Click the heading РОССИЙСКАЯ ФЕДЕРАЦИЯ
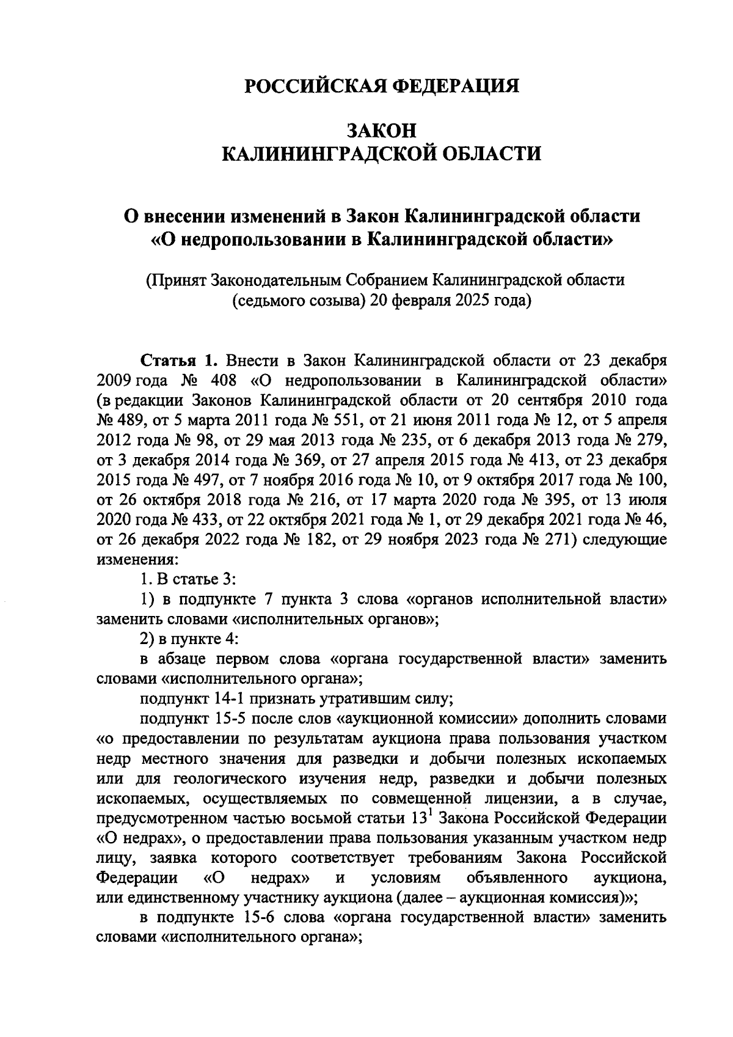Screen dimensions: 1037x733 point(382,86)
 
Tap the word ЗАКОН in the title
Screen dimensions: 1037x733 point(382,131)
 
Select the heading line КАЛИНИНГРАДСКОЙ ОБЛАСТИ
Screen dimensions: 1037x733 point(382,153)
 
